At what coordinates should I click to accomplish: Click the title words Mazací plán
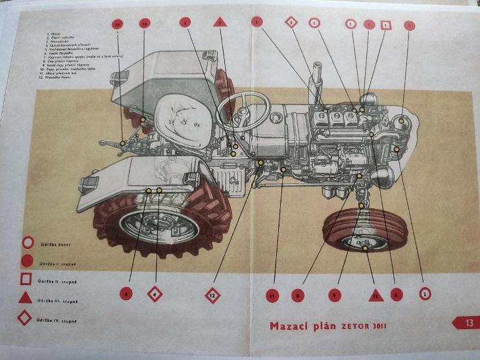click(299, 326)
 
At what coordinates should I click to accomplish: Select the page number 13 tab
click(467, 323)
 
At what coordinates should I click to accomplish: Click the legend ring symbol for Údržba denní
click(27, 242)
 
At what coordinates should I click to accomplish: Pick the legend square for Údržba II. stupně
click(26, 279)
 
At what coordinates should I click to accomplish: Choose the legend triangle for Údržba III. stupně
click(26, 298)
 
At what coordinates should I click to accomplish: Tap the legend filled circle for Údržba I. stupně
click(27, 260)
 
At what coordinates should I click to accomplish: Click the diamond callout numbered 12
click(212, 295)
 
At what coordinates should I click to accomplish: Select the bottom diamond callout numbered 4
click(155, 294)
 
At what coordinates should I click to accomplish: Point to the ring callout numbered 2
click(425, 294)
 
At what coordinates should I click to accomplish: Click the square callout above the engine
click(387, 25)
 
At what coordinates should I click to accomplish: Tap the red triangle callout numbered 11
click(375, 295)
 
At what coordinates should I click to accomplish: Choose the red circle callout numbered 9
click(334, 295)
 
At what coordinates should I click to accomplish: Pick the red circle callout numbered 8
click(298, 295)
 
